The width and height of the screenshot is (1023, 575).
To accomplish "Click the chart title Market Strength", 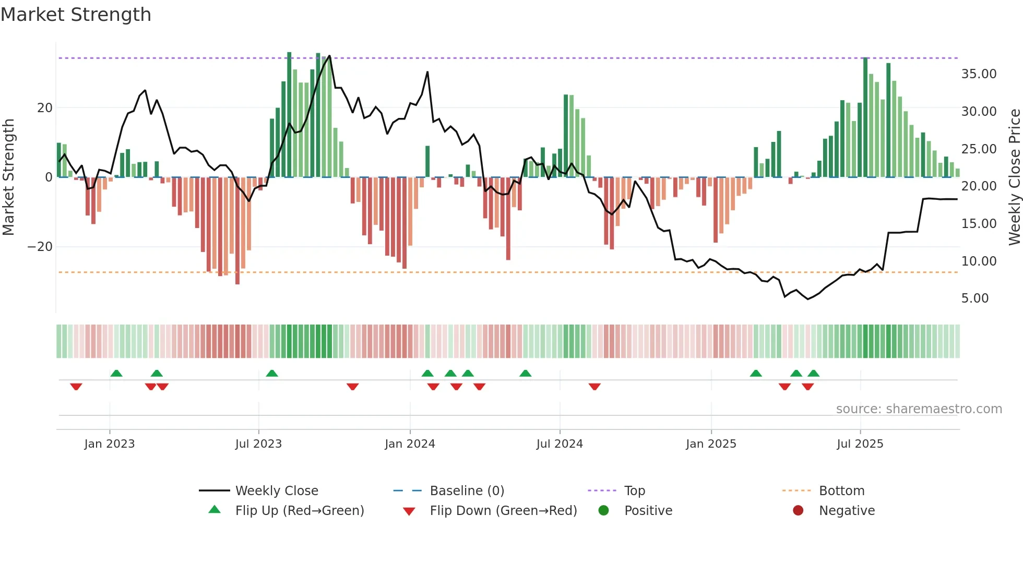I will tap(76, 15).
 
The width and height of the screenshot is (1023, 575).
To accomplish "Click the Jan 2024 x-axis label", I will tap(410, 444).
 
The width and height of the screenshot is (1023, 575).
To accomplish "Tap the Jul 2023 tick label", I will tap(258, 444).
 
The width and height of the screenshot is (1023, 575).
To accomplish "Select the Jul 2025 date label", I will tap(860, 444).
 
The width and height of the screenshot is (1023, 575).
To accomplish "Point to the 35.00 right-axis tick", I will tap(979, 74).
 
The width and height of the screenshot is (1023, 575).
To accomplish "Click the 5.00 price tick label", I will tap(974, 298).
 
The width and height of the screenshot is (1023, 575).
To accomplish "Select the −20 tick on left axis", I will tap(40, 247).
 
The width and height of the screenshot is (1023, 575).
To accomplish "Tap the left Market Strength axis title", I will tap(8, 177).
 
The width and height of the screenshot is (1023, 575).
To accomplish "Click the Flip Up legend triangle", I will tap(215, 510).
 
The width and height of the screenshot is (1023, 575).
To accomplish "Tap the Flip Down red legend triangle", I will tap(409, 511).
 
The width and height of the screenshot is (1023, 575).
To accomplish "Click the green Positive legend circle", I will tap(603, 510).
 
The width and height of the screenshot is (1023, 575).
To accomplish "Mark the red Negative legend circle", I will tap(798, 510).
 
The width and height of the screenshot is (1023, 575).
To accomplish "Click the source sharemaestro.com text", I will tap(919, 409).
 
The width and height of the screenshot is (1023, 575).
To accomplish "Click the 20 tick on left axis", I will tap(45, 108).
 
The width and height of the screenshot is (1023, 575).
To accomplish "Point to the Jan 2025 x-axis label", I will tap(711, 444).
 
